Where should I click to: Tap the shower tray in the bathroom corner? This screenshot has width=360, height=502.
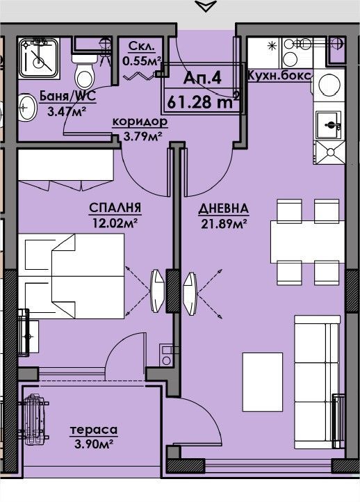39,58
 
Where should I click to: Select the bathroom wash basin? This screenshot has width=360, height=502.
26,107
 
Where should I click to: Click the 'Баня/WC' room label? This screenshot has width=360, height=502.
67,95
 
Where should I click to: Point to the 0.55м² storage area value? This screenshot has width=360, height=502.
142,60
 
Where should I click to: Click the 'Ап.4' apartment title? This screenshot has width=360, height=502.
202,78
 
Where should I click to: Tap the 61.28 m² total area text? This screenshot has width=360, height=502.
204,102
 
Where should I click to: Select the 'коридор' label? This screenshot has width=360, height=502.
140,122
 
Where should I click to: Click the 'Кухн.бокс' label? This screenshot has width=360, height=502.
279,76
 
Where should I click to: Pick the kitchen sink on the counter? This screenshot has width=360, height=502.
329,124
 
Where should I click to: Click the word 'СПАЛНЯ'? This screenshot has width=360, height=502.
115,208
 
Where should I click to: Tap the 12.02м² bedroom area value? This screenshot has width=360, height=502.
115,222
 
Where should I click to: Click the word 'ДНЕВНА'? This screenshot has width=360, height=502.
223,209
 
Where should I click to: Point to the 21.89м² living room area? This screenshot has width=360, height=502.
224,224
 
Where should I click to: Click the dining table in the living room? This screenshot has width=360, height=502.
307,242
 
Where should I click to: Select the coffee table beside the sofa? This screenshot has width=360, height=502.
263,382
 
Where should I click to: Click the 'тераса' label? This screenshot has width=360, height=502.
94,430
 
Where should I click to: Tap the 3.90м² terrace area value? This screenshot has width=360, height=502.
93,444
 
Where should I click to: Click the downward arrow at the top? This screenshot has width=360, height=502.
205,6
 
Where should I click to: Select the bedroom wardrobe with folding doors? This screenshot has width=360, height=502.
66,170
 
